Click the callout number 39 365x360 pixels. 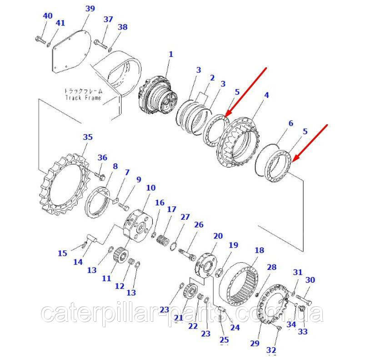tap(90, 9)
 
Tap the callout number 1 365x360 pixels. tap(171, 54)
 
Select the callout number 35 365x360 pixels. tap(88, 137)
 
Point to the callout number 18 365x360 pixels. tap(259, 250)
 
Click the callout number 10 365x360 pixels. tap(151, 188)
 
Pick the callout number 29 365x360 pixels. tap(255, 343)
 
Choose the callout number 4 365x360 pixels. tap(266, 95)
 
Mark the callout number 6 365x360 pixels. tap(291, 123)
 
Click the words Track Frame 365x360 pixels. tap(83, 98)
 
